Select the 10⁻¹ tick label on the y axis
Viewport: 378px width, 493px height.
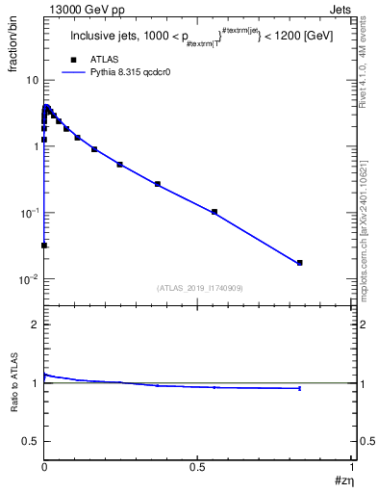pyautogui.click(x=30, y=212)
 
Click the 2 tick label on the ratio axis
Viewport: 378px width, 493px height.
pyautogui.click(x=36, y=324)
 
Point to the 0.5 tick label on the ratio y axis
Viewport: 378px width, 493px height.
pyautogui.click(x=31, y=440)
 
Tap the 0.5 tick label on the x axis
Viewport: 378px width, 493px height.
pyautogui.click(x=197, y=467)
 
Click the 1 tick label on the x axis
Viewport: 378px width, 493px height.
pyautogui.click(x=352, y=467)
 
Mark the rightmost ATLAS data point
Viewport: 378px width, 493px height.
pyautogui.click(x=300, y=263)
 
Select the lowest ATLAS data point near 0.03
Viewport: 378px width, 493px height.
pyautogui.click(x=44, y=246)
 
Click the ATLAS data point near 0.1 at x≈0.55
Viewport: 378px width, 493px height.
pyautogui.click(x=214, y=212)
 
